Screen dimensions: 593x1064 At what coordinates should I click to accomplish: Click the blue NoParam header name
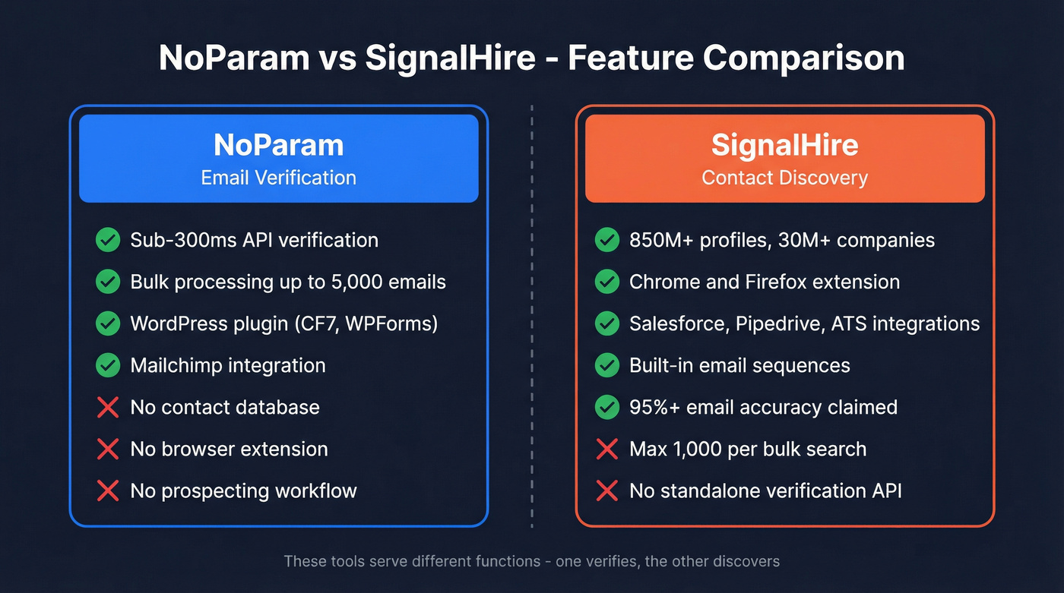point(278,145)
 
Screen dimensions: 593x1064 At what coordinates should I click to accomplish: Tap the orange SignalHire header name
point(784,145)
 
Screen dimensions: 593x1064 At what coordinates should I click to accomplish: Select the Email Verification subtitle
point(278,178)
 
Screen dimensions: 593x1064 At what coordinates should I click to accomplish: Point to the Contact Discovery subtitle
point(784,178)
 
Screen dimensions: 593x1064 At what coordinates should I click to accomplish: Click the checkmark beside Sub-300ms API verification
point(108,241)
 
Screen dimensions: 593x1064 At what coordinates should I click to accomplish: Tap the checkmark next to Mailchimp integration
point(108,365)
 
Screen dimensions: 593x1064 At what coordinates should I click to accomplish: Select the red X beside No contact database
point(108,407)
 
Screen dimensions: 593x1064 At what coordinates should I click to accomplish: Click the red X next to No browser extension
point(108,449)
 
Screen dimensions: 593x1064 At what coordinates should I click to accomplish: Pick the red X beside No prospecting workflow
point(108,490)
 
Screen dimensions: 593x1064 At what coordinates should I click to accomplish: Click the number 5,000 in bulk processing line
point(356,282)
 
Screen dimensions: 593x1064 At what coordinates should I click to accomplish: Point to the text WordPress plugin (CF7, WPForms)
point(284,323)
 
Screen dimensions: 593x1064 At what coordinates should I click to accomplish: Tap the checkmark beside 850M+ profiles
point(606,241)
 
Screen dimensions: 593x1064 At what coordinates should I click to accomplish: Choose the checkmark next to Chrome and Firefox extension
point(606,282)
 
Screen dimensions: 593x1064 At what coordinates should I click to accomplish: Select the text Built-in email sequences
point(739,365)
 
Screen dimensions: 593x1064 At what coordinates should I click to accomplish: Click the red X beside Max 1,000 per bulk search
point(606,449)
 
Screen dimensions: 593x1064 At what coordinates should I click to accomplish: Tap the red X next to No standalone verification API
point(606,490)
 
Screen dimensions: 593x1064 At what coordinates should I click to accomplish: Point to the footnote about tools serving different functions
point(531,562)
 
